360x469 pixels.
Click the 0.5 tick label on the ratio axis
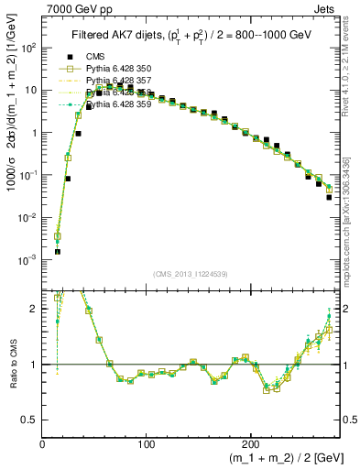coord(28,420)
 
